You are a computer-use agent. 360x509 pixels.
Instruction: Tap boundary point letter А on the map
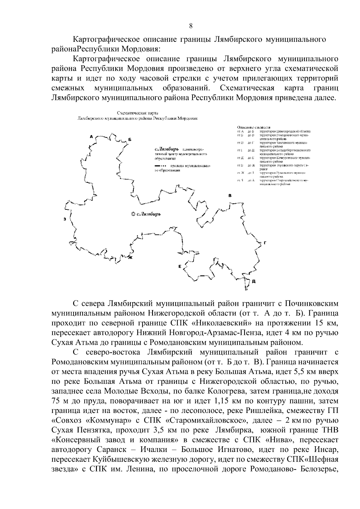point(91,137)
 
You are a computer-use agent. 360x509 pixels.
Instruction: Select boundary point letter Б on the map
point(130,140)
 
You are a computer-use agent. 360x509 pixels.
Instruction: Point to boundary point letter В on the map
point(230,196)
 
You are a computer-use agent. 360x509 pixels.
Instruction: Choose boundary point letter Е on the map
point(179,266)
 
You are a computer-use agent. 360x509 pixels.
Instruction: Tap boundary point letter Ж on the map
point(130,257)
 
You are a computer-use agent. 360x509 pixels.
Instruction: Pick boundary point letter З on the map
point(64,219)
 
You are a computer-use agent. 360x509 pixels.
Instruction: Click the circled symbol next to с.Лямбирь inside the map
point(133,214)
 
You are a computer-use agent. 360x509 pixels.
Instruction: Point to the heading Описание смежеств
point(253,127)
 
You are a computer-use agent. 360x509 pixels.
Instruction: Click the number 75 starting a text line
point(57,401)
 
